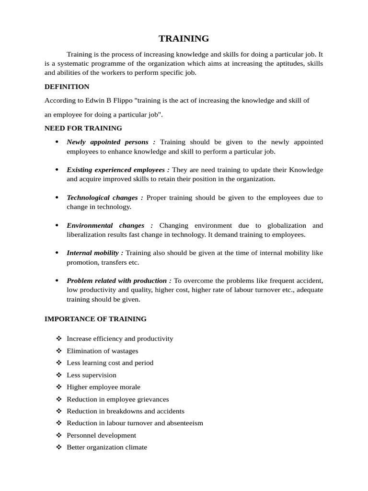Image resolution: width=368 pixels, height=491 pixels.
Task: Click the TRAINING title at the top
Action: tap(184, 39)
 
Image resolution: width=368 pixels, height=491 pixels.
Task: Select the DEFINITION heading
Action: tap(67, 87)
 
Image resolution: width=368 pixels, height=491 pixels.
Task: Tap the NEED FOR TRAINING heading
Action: tap(83, 128)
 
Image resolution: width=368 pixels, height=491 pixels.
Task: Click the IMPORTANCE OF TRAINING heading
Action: tap(95, 319)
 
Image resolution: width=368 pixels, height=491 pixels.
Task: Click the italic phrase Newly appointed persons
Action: tap(111, 142)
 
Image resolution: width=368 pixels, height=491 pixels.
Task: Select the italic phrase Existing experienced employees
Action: tap(118, 170)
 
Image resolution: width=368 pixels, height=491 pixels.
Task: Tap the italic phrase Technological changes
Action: tap(105, 198)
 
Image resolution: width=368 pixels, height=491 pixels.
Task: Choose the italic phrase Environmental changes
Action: tap(110, 225)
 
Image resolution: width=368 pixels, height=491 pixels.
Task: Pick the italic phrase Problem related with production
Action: tap(119, 281)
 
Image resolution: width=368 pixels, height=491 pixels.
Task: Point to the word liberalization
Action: tap(89, 234)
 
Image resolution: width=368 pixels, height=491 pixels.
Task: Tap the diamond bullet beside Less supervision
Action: tap(58, 375)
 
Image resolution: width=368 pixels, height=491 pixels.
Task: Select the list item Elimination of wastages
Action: tap(102, 351)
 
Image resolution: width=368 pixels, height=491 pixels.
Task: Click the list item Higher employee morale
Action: tap(103, 387)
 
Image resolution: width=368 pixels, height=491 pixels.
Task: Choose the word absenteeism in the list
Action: tap(184, 423)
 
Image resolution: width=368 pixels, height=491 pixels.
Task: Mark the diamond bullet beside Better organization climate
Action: tap(58, 447)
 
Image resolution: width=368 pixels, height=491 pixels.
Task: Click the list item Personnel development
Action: tap(101, 435)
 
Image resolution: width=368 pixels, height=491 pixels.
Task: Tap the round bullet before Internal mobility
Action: tap(57, 253)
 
